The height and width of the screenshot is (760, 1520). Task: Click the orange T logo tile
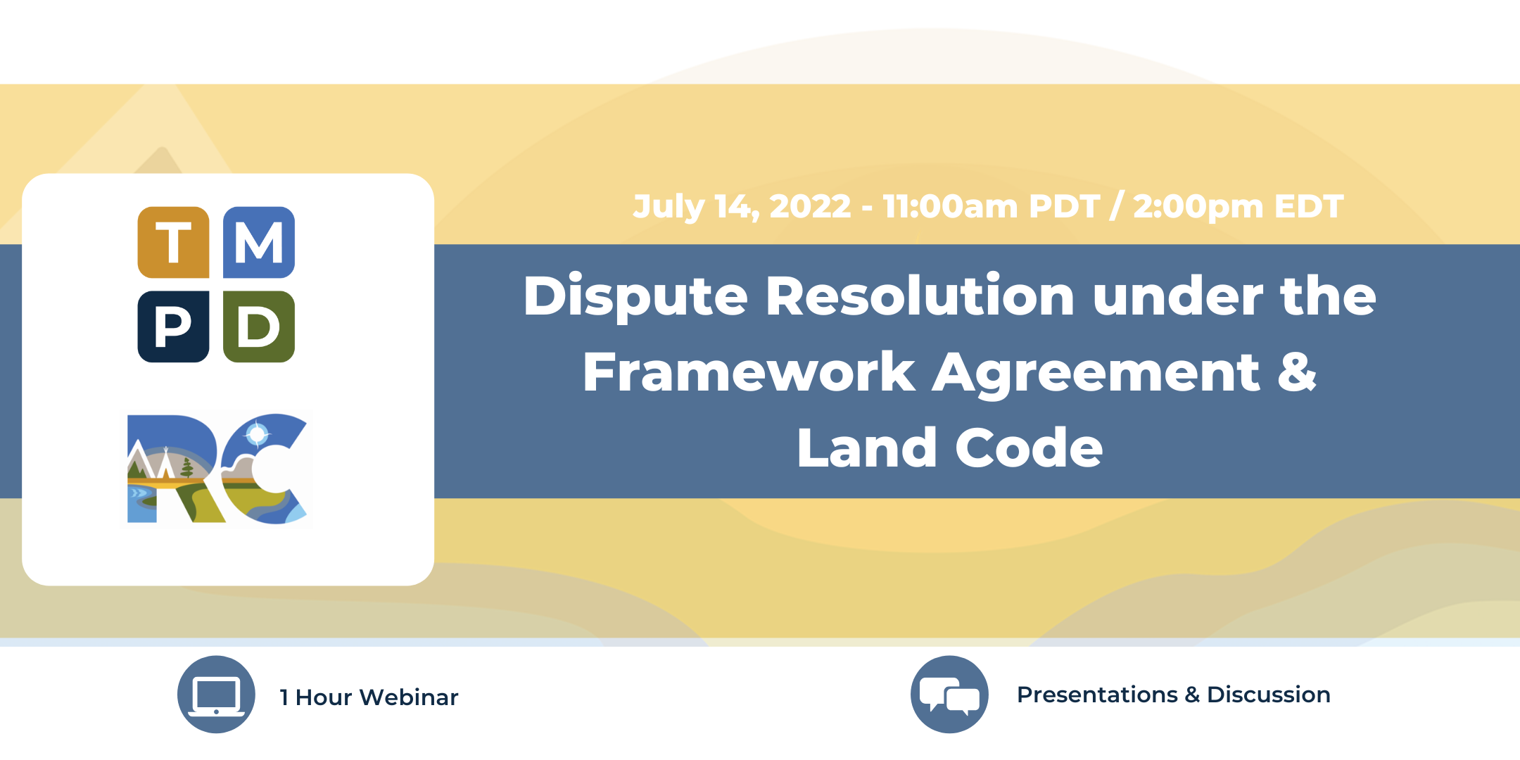pyautogui.click(x=173, y=242)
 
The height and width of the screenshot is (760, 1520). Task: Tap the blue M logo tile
pyautogui.click(x=259, y=242)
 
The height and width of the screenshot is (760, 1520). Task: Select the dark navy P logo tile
pyautogui.click(x=173, y=327)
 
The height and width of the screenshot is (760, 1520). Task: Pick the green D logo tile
pyautogui.click(x=259, y=327)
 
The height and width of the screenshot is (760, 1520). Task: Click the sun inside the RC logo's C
pyautogui.click(x=258, y=434)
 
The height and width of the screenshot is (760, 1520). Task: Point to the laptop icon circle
pyautogui.click(x=216, y=695)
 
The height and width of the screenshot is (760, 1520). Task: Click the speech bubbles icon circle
pyautogui.click(x=949, y=695)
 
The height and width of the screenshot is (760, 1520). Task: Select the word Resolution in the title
pyautogui.click(x=920, y=296)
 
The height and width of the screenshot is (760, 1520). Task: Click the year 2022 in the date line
pyautogui.click(x=810, y=206)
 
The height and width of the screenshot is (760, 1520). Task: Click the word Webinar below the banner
pyautogui.click(x=408, y=697)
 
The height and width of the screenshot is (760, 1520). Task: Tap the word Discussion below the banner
pyautogui.click(x=1268, y=695)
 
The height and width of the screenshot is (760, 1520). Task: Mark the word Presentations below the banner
pyautogui.click(x=1097, y=695)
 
